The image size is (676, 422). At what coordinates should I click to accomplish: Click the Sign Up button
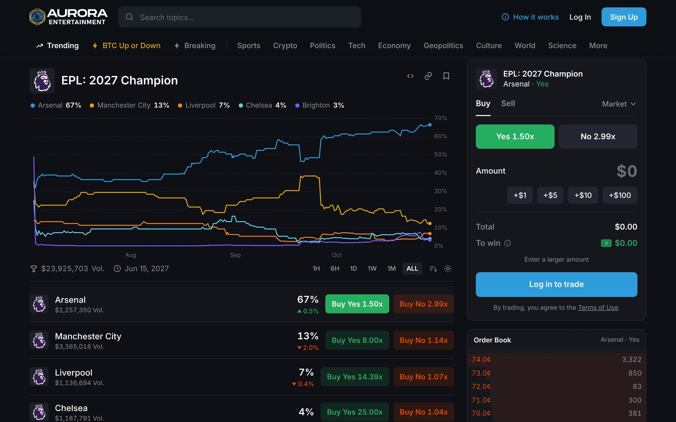[624, 17]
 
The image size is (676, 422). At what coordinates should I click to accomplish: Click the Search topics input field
[239, 17]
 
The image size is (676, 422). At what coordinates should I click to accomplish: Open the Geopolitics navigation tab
[443, 46]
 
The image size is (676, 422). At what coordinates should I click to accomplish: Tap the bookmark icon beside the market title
[446, 76]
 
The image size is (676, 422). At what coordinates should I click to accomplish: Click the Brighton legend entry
[319, 105]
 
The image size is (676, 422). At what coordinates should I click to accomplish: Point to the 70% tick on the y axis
[440, 118]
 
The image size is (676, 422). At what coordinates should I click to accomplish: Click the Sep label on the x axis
[235, 255]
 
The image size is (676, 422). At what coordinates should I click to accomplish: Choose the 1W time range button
[372, 269]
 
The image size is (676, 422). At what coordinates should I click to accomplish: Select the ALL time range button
[412, 269]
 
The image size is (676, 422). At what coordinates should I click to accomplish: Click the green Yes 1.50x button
[515, 136]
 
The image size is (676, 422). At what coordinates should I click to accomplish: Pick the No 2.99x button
[598, 136]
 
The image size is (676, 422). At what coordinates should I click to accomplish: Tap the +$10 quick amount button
[583, 195]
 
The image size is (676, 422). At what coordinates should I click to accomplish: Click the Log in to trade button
[556, 284]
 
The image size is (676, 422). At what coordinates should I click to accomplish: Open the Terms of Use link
[598, 307]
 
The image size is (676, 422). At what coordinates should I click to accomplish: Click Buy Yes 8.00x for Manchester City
[357, 340]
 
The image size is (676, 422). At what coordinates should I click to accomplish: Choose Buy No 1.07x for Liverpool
[423, 377]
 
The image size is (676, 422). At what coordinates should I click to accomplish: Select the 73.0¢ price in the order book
[481, 373]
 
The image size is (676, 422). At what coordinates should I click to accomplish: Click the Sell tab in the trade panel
[508, 104]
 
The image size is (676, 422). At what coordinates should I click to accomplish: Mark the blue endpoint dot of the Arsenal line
[430, 125]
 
